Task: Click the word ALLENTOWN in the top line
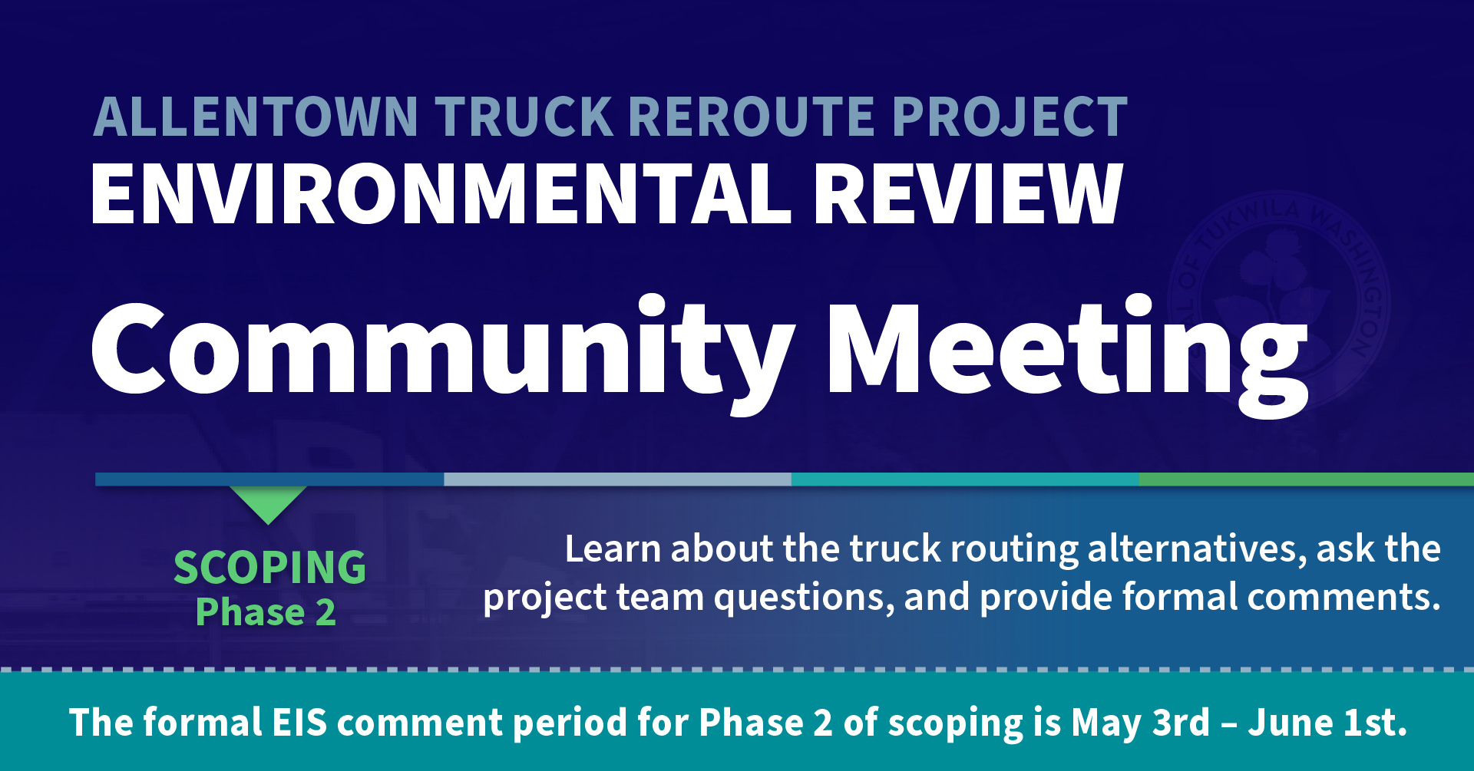pyautogui.click(x=256, y=117)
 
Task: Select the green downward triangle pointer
pyautogui.click(x=268, y=502)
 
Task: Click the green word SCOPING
pyautogui.click(x=269, y=568)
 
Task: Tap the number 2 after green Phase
pyautogui.click(x=326, y=612)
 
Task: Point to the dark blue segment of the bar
pyautogui.click(x=269, y=479)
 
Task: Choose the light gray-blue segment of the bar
pyautogui.click(x=617, y=479)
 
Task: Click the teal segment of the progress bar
pyautogui.click(x=965, y=479)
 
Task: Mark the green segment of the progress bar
pyautogui.click(x=1307, y=479)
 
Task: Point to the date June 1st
pyautogui.click(x=1327, y=723)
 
